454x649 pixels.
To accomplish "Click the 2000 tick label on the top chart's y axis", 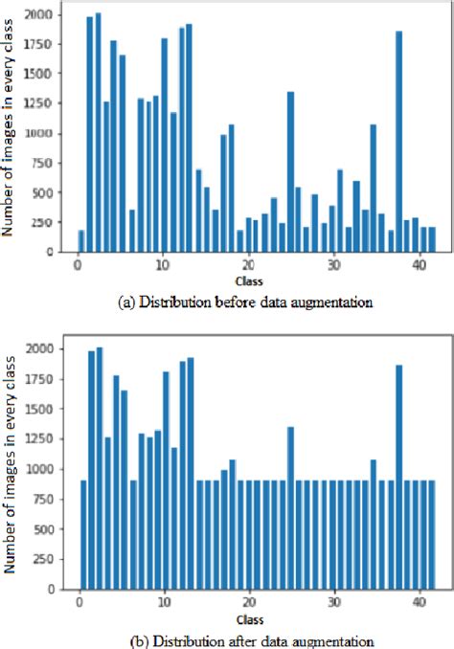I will click(41, 15).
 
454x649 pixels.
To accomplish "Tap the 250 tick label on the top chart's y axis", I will click(45, 222).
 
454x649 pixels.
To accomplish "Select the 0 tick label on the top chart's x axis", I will click(78, 265).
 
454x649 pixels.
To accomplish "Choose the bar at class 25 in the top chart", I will click(290, 172).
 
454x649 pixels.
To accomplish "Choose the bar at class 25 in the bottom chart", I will click(290, 507).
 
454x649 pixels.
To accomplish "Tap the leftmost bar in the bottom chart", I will click(82, 535).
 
